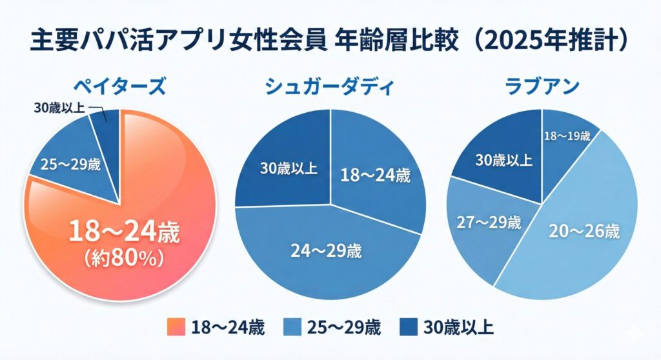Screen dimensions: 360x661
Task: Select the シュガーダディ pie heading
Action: pos(330,86)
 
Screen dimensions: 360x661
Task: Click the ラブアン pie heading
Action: pos(542,86)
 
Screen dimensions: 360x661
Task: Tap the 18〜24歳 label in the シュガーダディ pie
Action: pos(374,175)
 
